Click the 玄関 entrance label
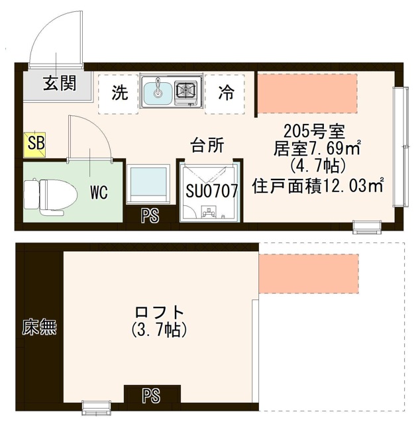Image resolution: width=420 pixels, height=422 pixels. coord(60,83)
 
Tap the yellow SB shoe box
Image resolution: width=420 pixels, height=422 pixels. coord(32,144)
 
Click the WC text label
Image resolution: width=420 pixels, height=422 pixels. coord(99,193)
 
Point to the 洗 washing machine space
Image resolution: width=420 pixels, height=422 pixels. coord(119,93)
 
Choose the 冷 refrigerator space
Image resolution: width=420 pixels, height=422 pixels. coord(225,93)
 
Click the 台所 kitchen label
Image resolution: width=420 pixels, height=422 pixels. coord(206,145)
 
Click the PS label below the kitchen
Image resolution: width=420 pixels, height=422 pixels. coord(150,215)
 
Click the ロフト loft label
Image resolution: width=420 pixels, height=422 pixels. coord(159,311)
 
